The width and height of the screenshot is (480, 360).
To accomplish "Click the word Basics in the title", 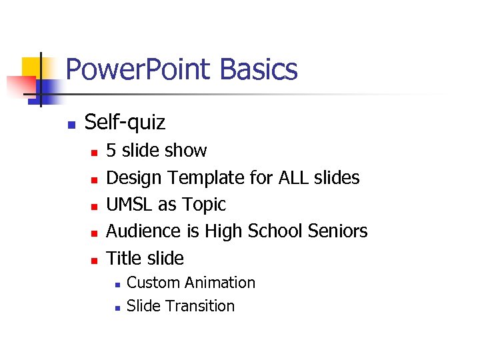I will [258, 69].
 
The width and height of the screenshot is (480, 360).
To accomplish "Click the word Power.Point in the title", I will [139, 69].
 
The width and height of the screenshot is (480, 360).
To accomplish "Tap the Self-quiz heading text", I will [125, 123].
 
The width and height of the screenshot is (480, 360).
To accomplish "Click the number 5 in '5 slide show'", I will [111, 151].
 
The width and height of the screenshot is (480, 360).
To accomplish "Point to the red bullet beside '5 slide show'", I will [94, 153].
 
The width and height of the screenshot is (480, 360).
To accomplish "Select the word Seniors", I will [338, 231].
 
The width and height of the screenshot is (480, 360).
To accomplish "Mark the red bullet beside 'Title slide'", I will [94, 260].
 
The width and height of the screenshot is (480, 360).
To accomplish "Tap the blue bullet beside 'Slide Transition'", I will [116, 308].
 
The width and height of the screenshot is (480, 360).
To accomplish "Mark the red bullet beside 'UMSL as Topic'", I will [94, 206].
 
